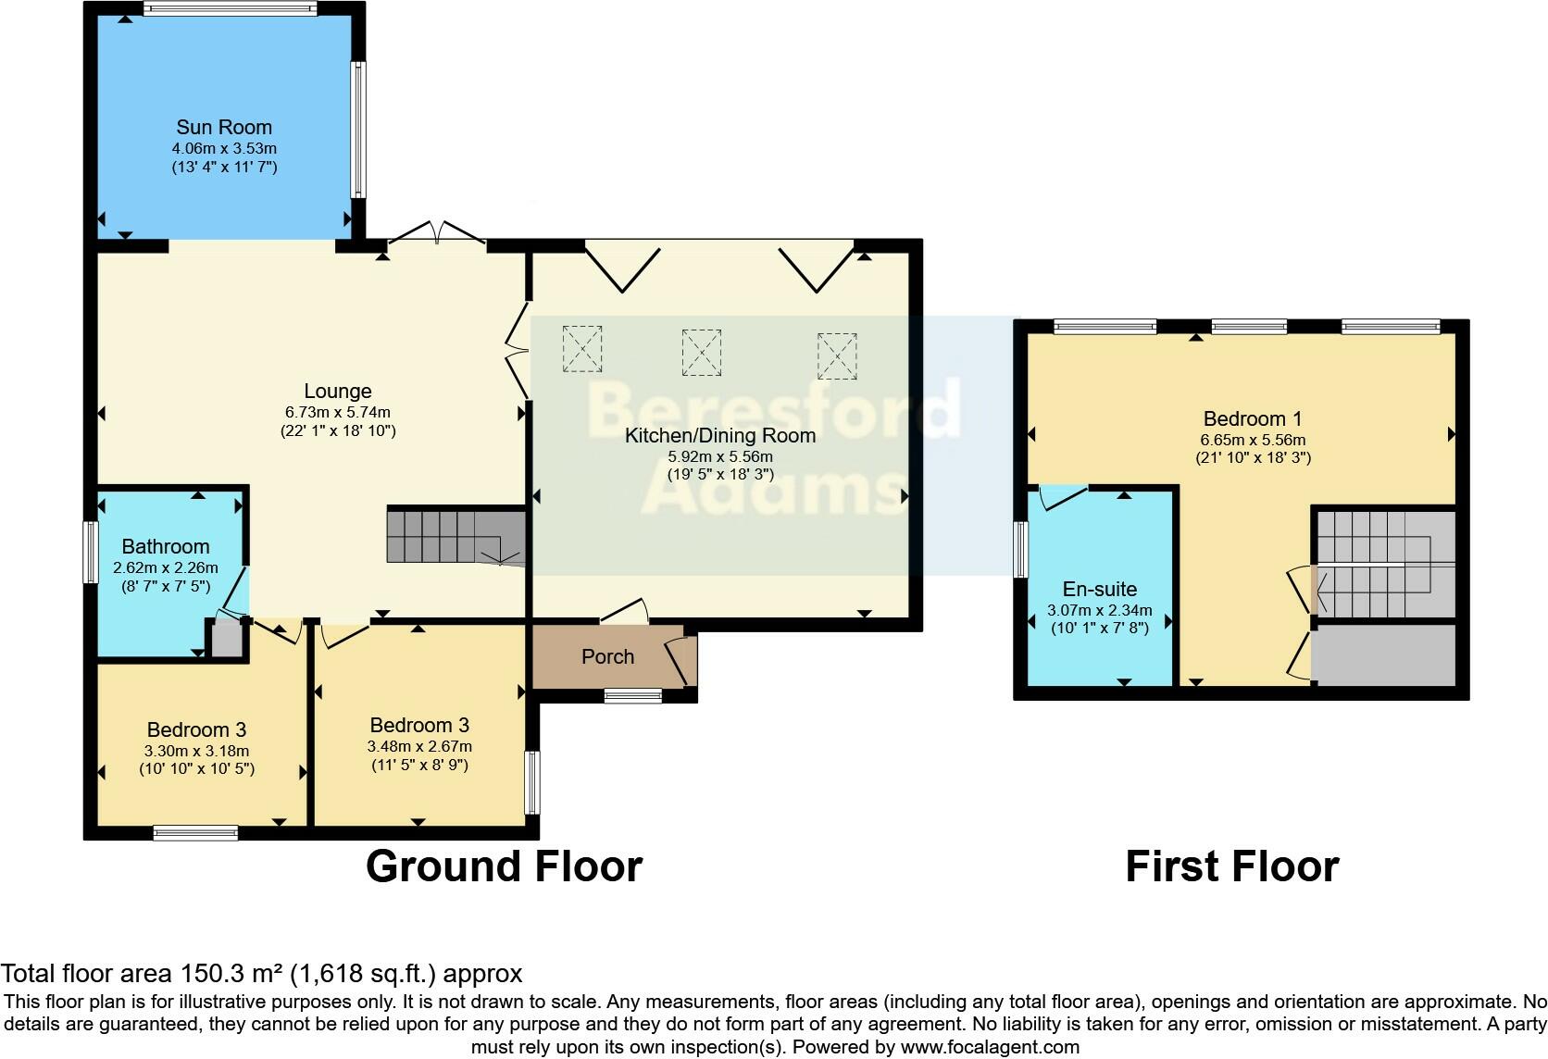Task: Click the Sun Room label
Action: click(224, 127)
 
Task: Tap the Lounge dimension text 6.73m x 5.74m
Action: click(337, 413)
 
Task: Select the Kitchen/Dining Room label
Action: click(720, 435)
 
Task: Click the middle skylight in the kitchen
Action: click(702, 353)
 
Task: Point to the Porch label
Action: click(607, 656)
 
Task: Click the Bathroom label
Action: click(166, 546)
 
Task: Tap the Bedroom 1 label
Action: click(1253, 418)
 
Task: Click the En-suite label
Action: click(1100, 589)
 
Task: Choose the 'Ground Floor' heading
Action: click(504, 866)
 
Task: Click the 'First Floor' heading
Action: click(1232, 866)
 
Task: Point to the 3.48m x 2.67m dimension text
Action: click(419, 746)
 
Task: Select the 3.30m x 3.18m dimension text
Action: click(197, 751)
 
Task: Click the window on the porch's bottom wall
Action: click(633, 695)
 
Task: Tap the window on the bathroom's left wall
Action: click(91, 552)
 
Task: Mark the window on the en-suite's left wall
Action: click(1020, 549)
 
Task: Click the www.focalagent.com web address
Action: click(990, 1047)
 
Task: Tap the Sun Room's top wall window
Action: click(231, 8)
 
